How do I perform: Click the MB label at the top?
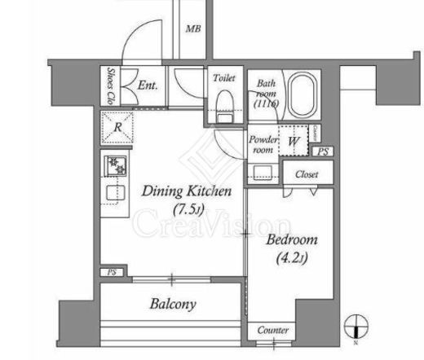click(x=192, y=29)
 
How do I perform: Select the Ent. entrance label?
click(x=148, y=84)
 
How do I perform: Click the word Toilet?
click(x=224, y=78)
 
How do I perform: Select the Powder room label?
click(x=263, y=144)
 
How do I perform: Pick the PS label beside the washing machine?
click(x=324, y=151)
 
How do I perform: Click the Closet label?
click(x=307, y=174)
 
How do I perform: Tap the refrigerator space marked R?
click(x=118, y=127)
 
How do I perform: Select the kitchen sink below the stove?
click(x=115, y=193)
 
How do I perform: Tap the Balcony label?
click(x=172, y=305)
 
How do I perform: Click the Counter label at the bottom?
click(x=272, y=330)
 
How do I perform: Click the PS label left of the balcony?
click(x=111, y=272)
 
